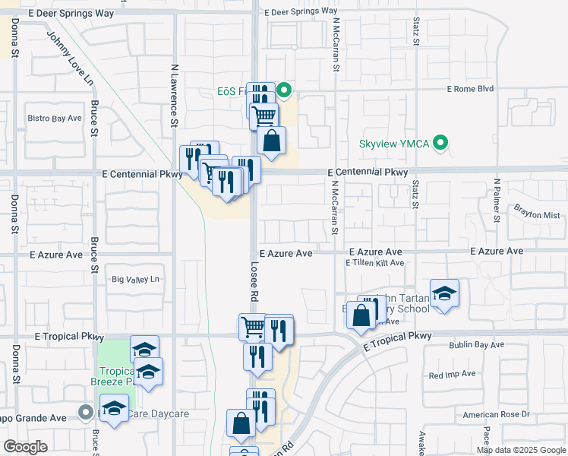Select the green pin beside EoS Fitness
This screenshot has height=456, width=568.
click(285, 92)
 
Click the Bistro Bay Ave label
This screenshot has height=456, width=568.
click(54, 119)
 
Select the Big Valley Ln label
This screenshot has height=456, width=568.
click(137, 280)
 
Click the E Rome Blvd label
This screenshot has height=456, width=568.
click(470, 89)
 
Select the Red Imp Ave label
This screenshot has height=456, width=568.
click(452, 374)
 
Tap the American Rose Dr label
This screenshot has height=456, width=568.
click(496, 414)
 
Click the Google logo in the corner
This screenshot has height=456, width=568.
click(25, 447)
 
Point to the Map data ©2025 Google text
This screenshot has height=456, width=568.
click(521, 450)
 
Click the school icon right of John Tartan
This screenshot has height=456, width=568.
click(444, 293)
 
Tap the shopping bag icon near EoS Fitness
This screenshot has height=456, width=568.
click(271, 141)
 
